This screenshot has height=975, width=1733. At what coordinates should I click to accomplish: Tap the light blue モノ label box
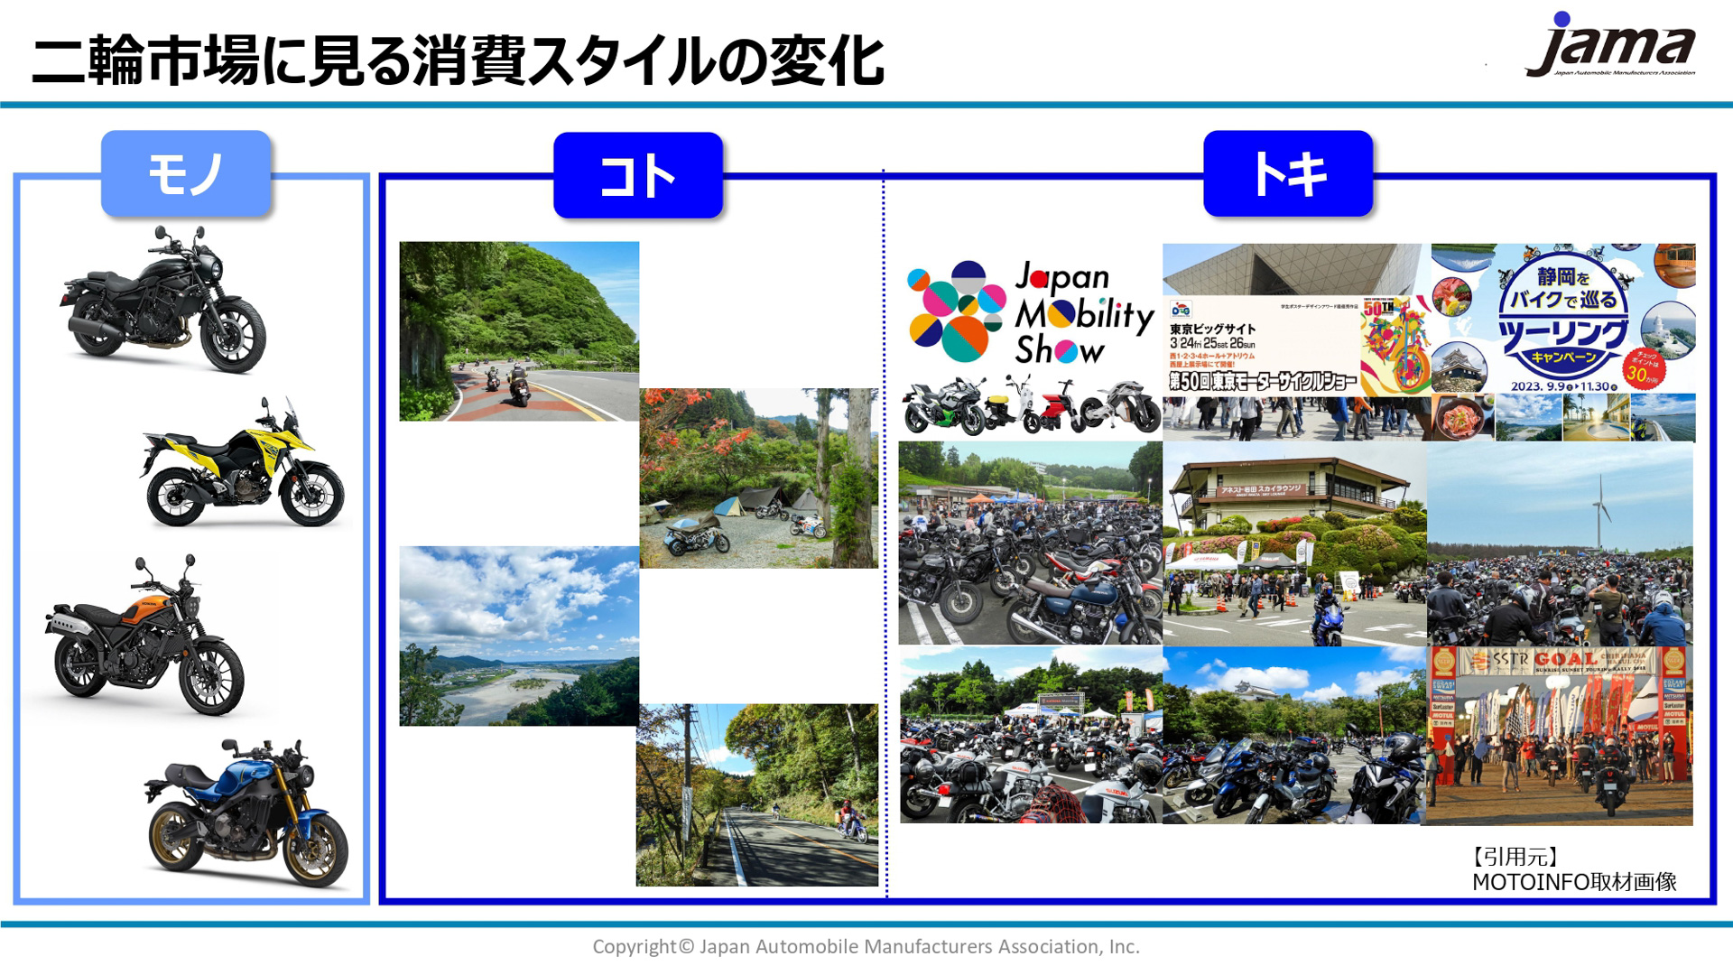186,173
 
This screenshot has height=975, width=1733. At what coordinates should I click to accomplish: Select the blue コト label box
638,175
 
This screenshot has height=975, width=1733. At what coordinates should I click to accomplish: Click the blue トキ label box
1288,173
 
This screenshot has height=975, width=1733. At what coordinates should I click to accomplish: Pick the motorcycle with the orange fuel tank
144,637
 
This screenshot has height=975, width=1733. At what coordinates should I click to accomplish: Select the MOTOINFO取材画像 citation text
1574,882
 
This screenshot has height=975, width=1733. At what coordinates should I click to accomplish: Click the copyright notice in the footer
866,946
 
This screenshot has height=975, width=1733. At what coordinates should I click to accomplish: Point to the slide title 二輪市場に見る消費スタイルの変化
458,61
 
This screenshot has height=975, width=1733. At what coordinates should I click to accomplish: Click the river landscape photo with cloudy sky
519,636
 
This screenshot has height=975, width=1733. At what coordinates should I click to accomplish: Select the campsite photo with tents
758,478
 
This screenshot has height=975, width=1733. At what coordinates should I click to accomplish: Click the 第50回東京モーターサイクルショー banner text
1262,381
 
